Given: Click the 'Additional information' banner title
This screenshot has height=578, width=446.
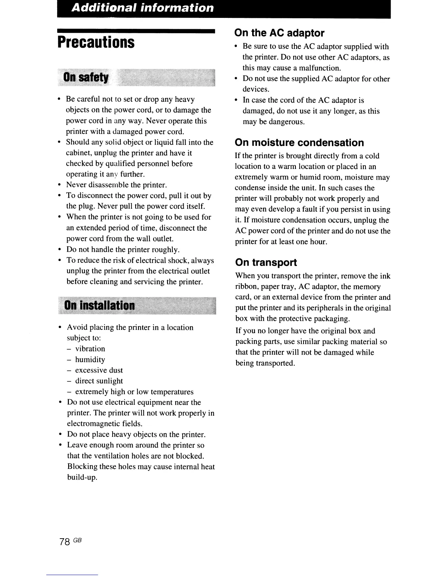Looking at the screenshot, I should (142, 8).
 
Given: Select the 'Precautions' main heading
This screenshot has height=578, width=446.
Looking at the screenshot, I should (96, 42).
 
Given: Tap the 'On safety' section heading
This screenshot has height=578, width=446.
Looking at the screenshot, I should (86, 78).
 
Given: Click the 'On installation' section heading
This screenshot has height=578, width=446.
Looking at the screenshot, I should (99, 305).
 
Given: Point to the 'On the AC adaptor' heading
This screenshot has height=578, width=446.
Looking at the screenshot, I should (279, 33).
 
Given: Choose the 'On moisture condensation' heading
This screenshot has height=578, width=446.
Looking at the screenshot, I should (299, 142).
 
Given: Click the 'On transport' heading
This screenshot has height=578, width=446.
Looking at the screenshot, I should (266, 262).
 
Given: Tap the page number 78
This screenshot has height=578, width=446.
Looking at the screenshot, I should (64, 542).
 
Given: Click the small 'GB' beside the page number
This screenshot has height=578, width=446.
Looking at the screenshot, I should (77, 540).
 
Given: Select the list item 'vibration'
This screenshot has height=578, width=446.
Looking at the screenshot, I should (90, 349).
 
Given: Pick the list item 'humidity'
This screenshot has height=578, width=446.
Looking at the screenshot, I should (90, 360).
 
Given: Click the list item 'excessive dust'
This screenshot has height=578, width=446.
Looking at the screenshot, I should (99, 370).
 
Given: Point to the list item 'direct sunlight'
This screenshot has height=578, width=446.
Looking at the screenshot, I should (99, 381).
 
